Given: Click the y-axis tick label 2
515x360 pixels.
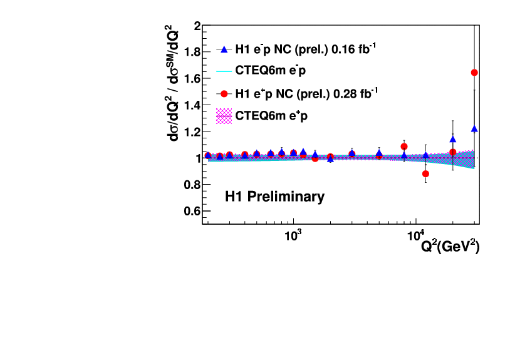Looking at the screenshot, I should [197, 26].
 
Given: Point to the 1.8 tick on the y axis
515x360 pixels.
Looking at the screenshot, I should [192, 53].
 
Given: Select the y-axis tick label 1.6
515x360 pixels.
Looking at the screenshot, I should [192, 79].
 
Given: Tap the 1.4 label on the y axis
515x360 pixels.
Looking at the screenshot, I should [192, 106].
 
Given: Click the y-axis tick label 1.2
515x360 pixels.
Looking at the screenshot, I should [192, 132].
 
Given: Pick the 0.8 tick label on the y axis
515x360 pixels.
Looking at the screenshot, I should [192, 185].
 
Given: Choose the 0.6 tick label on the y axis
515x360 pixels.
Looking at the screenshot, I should [192, 211].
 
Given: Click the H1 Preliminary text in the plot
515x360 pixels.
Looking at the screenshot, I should [274, 197].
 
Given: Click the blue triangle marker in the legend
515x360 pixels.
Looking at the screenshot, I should [224, 49].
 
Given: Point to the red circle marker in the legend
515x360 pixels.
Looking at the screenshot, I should [224, 94].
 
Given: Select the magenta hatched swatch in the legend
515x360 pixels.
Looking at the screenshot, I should [224, 116].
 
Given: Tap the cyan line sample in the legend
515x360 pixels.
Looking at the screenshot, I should [224, 71].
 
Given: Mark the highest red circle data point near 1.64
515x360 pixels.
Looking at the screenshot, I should [474, 73].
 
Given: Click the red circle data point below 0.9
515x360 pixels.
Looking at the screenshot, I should [426, 173].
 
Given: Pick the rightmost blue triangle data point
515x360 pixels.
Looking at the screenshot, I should [474, 129].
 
